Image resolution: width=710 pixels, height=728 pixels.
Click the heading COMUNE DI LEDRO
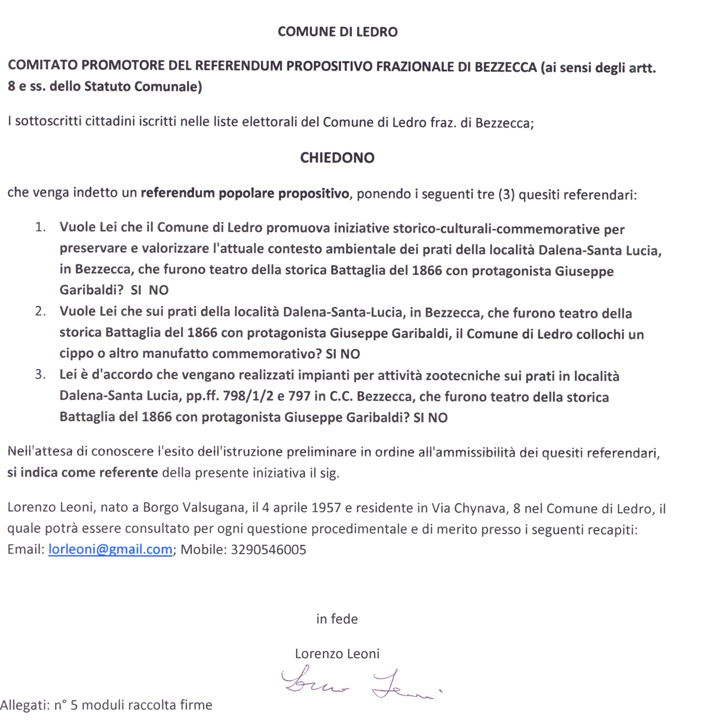coord(338,32)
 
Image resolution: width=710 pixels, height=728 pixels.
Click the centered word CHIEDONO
coord(337,158)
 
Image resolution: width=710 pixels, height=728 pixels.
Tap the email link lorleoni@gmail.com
coord(110,549)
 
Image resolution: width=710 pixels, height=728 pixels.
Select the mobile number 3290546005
coord(269,549)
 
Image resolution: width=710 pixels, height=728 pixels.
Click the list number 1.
coord(40,227)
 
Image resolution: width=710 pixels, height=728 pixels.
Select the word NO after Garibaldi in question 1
coord(158,290)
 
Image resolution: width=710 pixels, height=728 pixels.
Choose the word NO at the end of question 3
coord(438,418)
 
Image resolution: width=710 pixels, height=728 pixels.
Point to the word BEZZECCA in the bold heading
coord(505,66)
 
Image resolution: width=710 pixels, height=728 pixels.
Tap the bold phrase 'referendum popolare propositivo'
coord(245,193)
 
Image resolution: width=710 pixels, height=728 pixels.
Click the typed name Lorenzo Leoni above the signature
coord(337,653)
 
